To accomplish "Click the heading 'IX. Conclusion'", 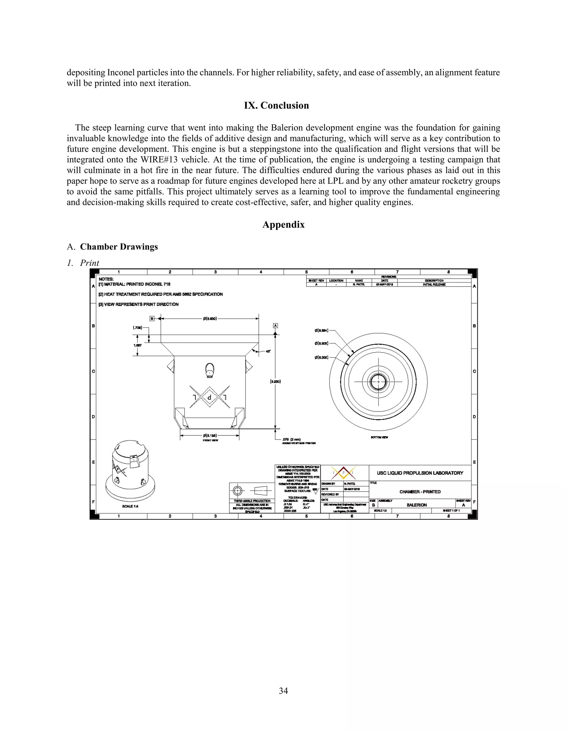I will click(276, 105).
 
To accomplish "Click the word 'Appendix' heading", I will click(283, 225).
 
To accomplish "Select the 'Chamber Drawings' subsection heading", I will click(118, 247).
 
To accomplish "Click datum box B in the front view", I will click(152, 318).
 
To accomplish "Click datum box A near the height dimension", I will click(275, 326).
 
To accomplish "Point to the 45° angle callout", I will click(268, 351).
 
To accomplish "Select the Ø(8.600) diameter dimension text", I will click(210, 318).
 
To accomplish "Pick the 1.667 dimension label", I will click(137, 345).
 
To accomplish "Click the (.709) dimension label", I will click(137, 327).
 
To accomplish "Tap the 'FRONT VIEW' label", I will click(210, 440).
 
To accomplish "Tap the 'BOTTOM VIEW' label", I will click(379, 437).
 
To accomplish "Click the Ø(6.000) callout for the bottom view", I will click(321, 357).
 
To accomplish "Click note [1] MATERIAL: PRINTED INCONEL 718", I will click(134, 284).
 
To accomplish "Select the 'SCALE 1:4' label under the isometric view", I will click(130, 506).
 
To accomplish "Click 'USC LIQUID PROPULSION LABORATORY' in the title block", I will click(420, 473).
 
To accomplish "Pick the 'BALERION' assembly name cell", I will click(416, 505).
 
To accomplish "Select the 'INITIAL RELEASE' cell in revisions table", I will click(434, 285).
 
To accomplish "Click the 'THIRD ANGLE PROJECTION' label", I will click(252, 501).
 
